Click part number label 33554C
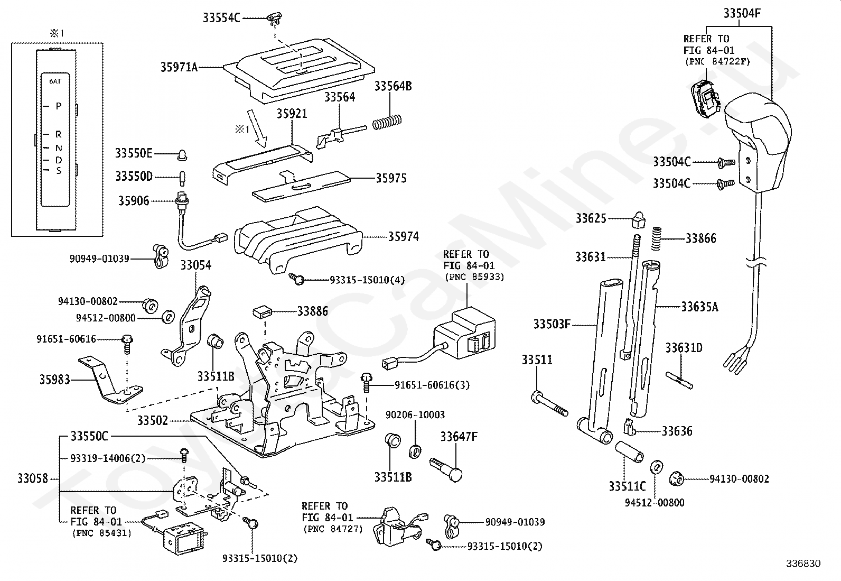point(221,18)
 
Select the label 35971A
point(179,67)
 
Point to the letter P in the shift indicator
point(59,106)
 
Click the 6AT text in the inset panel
point(55,81)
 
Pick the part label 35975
point(391,179)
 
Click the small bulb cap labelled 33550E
point(183,155)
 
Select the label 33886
point(312,311)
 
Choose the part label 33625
point(591,218)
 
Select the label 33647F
point(459,437)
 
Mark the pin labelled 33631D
point(679,378)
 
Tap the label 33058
point(33,479)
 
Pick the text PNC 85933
point(474,276)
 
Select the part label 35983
point(54,379)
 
